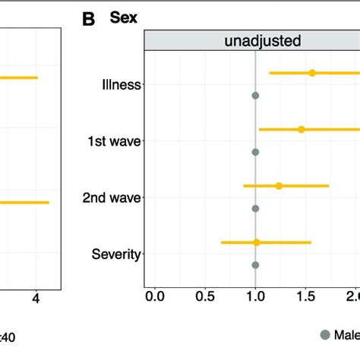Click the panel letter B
pyautogui.click(x=89, y=20)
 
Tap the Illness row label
pyautogui.click(x=122, y=84)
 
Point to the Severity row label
pyautogui.click(x=116, y=254)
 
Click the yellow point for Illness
pyautogui.click(x=312, y=73)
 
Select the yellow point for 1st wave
pyautogui.click(x=302, y=129)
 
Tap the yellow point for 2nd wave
pyautogui.click(x=279, y=185)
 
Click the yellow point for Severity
pyautogui.click(x=257, y=242)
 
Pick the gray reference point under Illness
pyautogui.click(x=255, y=96)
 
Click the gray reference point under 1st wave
pyautogui.click(x=255, y=152)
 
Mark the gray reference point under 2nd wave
pyautogui.click(x=255, y=208)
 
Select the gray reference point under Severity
pyautogui.click(x=255, y=265)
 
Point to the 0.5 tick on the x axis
pyautogui.click(x=205, y=295)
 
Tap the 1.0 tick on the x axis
pyautogui.click(x=255, y=295)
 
